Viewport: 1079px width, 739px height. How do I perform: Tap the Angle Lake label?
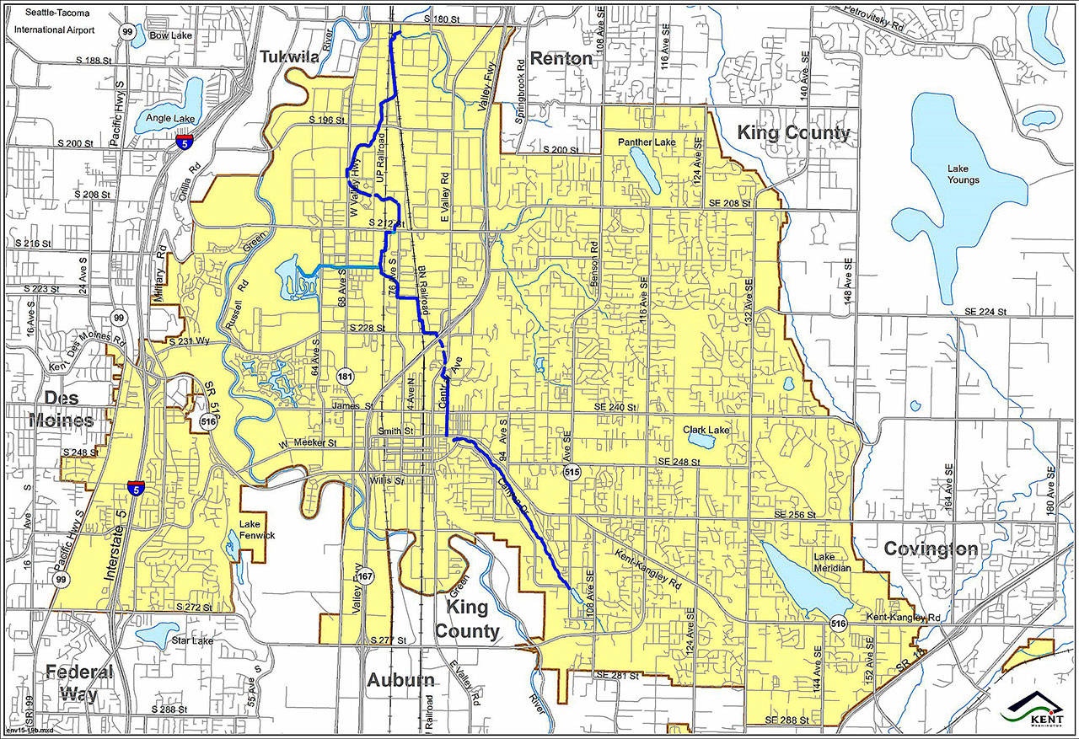[x=170, y=118]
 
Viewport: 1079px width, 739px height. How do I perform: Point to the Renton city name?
[x=561, y=58]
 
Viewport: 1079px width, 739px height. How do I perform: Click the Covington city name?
[x=931, y=549]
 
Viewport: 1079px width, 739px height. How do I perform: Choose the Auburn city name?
[x=400, y=680]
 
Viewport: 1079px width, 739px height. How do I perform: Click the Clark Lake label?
[x=706, y=430]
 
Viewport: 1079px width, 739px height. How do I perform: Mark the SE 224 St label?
[x=983, y=312]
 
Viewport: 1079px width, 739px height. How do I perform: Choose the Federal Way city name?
[x=78, y=683]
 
